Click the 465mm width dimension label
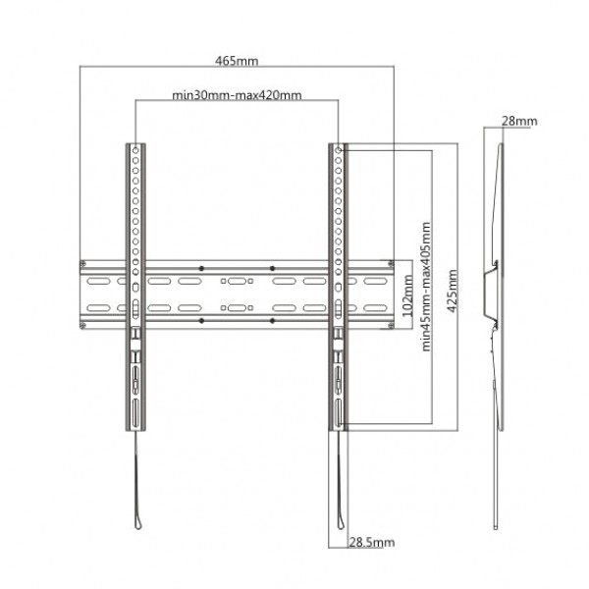pos(237,61)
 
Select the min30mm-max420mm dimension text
pos(237,95)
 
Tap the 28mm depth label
pos(518,121)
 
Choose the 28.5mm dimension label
pos(373,543)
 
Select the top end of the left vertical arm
pos(134,147)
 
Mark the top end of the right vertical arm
pos(338,147)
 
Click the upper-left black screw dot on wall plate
pos(201,267)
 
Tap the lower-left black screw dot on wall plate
pos(201,320)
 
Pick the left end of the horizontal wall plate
pos(85,293)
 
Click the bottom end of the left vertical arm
pos(134,428)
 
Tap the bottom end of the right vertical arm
pos(338,428)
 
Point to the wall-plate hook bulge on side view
pos(493,292)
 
